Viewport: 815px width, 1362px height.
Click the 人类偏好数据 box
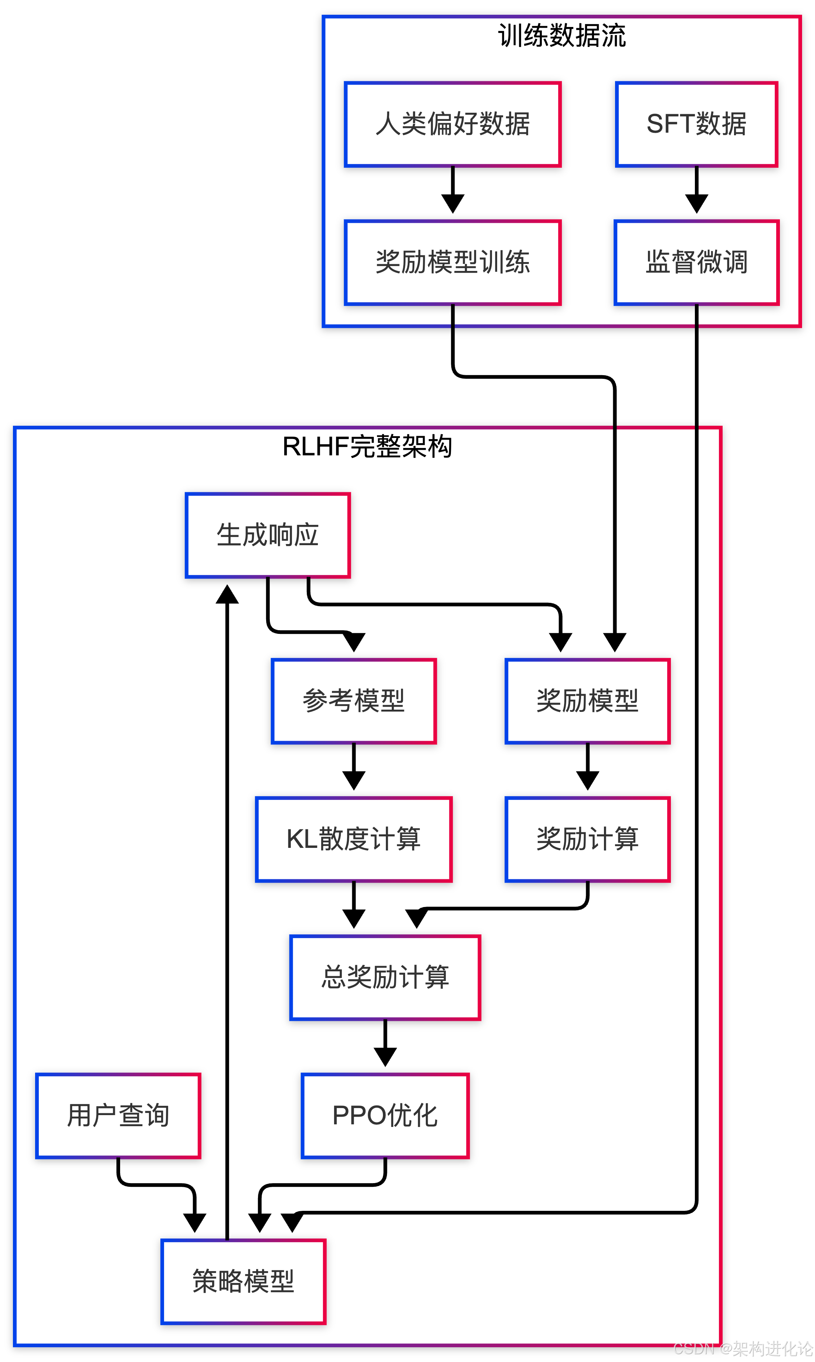(452, 124)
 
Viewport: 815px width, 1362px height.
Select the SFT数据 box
(696, 124)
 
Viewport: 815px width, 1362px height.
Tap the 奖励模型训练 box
(452, 262)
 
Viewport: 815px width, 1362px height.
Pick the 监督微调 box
(696, 262)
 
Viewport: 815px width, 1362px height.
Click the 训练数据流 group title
(561, 36)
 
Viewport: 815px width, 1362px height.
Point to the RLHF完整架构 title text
(367, 446)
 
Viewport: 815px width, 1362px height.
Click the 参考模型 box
(354, 701)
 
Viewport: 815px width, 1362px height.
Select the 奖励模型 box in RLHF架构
(587, 701)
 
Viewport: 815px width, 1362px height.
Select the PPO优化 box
(385, 1116)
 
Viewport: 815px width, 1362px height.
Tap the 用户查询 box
(118, 1116)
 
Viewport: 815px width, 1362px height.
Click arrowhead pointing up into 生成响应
(227, 594)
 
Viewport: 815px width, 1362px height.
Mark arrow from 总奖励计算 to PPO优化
(385, 1043)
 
